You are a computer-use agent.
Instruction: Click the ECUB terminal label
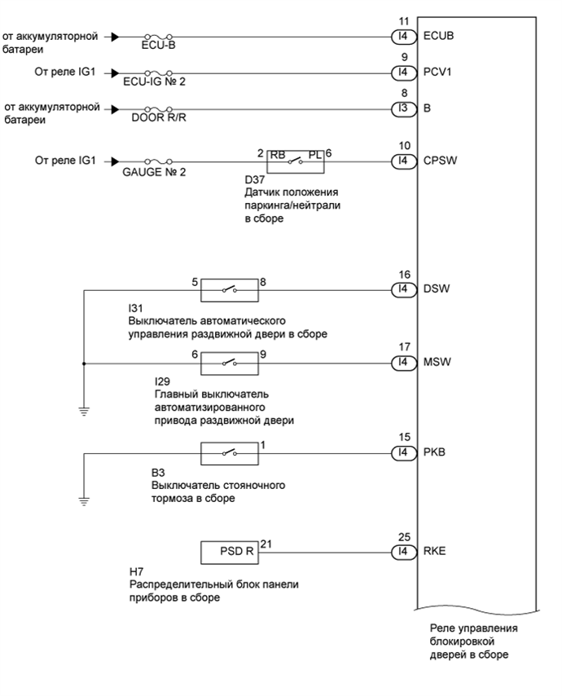coord(438,37)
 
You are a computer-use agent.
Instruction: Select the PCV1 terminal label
coord(438,72)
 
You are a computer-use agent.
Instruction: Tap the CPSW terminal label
coord(440,161)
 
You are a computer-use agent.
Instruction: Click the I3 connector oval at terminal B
coord(400,108)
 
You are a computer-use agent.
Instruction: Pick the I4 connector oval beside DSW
coord(400,289)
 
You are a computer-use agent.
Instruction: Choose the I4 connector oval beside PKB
coord(400,452)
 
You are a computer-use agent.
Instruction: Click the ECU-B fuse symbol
coord(158,37)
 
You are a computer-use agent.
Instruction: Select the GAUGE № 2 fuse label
coord(159,172)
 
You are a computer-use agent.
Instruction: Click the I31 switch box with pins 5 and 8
coord(230,289)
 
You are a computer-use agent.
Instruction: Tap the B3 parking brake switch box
coord(230,452)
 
